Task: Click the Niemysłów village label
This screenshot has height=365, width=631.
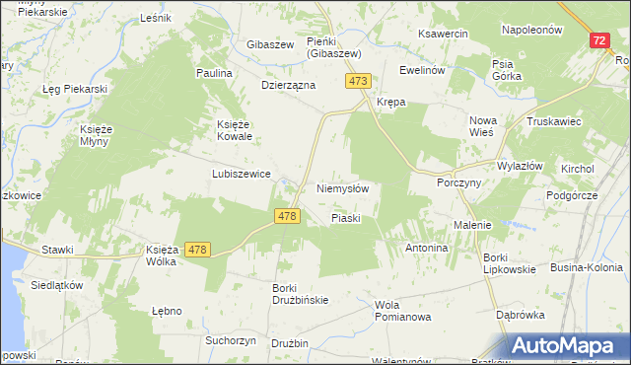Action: point(343,188)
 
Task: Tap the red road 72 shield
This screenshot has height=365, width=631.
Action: point(599,40)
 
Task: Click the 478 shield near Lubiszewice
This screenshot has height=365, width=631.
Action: point(288,217)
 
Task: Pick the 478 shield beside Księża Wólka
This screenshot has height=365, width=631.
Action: point(196,251)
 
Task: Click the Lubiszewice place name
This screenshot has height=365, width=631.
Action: point(241,173)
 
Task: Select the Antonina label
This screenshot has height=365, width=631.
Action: point(427,248)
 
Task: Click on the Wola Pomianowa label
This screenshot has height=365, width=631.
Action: point(403,311)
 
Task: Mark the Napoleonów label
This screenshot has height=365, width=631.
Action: point(531,30)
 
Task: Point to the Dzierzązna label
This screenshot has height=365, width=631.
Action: point(288,86)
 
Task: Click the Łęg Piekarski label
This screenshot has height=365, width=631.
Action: point(74,89)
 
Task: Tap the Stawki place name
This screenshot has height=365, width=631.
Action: point(58,250)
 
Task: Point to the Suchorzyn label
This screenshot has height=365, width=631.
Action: point(231,340)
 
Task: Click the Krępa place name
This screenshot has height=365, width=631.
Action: point(391,102)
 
